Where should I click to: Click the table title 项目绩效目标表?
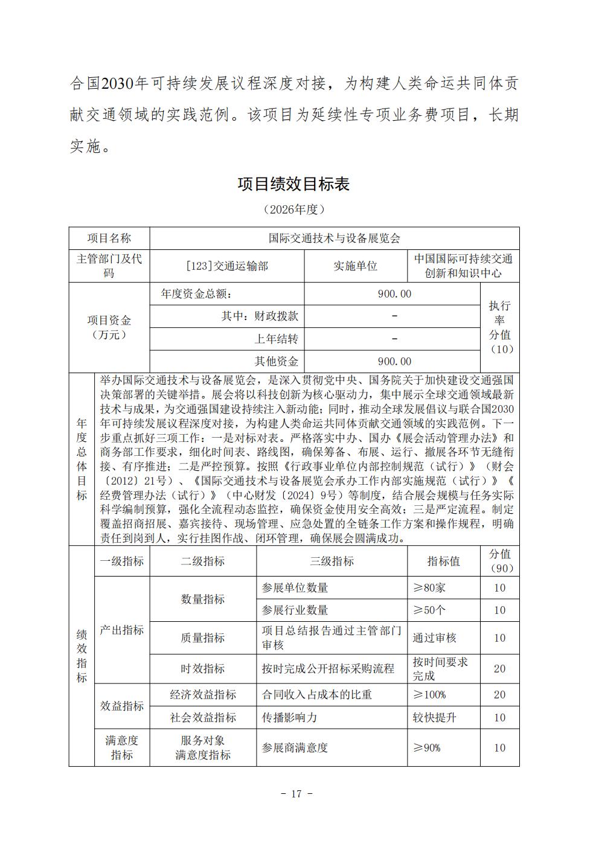point(293,184)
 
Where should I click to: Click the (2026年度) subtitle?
point(294,209)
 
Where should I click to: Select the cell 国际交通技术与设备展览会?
point(334,238)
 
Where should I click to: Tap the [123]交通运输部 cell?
point(227,266)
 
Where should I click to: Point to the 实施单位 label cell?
point(355,266)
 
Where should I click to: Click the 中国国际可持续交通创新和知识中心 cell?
point(463,266)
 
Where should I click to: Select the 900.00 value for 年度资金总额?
point(394,294)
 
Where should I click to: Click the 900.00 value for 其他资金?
point(394,362)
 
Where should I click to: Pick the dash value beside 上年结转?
point(394,339)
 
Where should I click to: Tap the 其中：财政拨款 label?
point(260,316)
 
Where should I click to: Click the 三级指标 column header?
point(332,561)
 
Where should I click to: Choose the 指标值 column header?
point(443,561)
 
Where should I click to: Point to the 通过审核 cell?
point(434,638)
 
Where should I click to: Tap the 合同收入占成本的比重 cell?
point(316,695)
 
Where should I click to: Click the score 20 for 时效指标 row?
point(499,669)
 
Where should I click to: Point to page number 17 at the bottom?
point(296,794)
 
